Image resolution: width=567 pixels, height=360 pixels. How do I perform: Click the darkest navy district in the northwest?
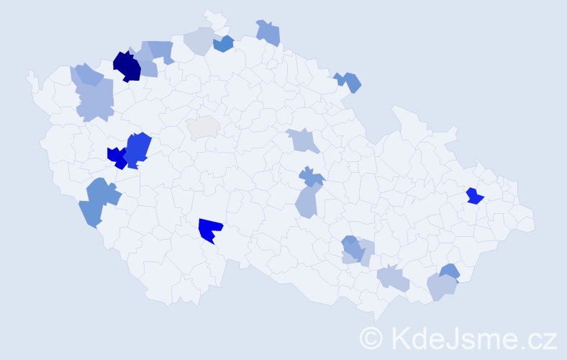tap(127, 66)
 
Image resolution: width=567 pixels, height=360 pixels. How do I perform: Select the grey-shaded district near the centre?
tap(203, 127)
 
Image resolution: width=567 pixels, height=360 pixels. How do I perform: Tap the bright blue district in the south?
tap(212, 230)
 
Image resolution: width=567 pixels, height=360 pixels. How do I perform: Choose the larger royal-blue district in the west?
tap(138, 148)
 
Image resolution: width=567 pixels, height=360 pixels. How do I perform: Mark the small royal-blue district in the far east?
tap(474, 196)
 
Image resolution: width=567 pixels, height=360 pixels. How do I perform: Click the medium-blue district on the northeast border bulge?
tap(349, 81)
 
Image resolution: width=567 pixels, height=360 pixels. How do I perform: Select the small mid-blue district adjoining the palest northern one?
tap(224, 44)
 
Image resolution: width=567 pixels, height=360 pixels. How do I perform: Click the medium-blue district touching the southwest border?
tap(98, 202)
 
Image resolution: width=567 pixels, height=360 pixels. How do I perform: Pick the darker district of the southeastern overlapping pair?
tap(350, 247)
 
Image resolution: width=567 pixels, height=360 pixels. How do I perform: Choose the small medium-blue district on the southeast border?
tap(449, 271)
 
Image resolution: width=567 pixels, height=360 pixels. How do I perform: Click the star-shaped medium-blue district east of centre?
tap(311, 176)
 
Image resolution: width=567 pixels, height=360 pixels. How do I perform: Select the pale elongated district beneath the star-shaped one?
tap(307, 201)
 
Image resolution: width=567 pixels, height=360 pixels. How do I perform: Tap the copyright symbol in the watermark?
tap(372, 337)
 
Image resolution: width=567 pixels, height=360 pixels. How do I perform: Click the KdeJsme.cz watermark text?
tap(472, 337)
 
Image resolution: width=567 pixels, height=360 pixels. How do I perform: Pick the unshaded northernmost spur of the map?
tap(211, 15)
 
